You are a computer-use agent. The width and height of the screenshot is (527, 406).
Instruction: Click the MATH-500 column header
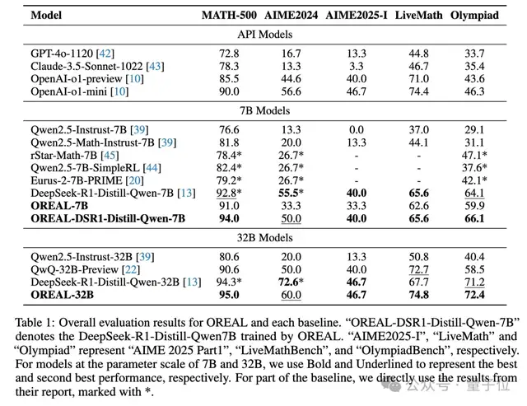[x=229, y=15]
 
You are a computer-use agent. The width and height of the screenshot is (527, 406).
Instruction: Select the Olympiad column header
[x=474, y=16]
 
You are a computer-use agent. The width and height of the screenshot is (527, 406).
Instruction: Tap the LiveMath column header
[x=418, y=15]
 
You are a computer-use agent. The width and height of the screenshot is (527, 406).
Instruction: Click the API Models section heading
[x=265, y=35]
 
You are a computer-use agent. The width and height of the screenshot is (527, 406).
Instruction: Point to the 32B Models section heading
[x=265, y=238]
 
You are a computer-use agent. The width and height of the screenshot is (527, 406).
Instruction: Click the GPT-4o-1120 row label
[x=62, y=54]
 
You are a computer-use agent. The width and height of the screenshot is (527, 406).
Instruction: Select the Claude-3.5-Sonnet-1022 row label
[x=86, y=66]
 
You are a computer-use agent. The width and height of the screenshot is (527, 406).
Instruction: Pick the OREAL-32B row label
[x=63, y=295]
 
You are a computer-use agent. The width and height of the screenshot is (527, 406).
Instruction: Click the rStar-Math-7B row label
[x=64, y=156]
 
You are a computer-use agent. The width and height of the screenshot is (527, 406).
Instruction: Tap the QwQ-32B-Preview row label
[x=75, y=269]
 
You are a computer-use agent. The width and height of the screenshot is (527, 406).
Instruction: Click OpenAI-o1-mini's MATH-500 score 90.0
[x=229, y=91]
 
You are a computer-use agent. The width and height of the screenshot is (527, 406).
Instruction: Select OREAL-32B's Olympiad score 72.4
[x=474, y=295]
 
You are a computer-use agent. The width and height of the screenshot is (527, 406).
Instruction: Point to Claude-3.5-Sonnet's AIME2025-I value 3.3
[x=357, y=66]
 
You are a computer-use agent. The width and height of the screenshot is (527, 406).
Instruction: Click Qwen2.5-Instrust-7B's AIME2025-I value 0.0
[x=357, y=130]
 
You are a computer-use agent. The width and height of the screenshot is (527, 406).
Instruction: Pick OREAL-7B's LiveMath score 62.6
[x=418, y=206]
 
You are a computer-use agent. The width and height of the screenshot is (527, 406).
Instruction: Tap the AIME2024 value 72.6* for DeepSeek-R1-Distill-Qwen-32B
[x=291, y=282]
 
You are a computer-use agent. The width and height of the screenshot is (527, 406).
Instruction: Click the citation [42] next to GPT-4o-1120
[x=105, y=54]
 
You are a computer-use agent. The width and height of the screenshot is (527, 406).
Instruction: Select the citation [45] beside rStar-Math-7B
[x=110, y=156]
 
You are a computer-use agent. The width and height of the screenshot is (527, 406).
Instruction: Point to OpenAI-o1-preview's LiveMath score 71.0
[x=418, y=78]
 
